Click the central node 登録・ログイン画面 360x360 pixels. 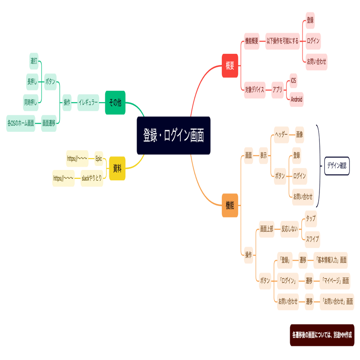coord(173,136)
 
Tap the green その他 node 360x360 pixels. coord(115,102)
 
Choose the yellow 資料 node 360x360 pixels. coord(117,168)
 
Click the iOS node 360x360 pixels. coord(293,81)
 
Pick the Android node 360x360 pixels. coord(297,99)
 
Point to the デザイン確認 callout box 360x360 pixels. coord(337,165)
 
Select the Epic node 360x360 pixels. coord(99,158)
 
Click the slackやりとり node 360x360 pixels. coord(92,178)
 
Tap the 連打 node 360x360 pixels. coord(34,61)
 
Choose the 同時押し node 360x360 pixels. coord(31,102)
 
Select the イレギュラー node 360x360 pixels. coord(88,102)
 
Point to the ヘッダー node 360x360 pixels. coord(281,135)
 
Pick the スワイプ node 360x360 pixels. coord(312,239)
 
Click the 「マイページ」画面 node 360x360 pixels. coord(334,280)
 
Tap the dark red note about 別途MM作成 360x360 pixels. coord(322,335)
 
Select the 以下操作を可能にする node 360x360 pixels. coord(282,41)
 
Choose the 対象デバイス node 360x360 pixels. coord(255,90)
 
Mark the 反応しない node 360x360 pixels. coord(289,229)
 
